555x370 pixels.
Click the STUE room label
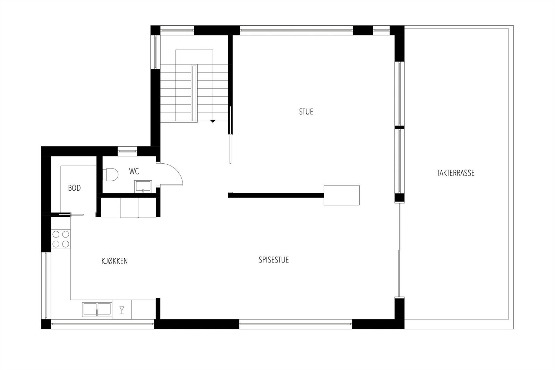tap(306, 112)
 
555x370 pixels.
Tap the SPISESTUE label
tap(274, 260)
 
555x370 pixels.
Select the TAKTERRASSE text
tap(455, 173)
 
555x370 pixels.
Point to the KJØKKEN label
tap(114, 261)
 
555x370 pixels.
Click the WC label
tap(134, 171)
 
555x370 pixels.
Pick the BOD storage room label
tap(74, 188)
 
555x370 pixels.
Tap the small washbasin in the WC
tap(143, 186)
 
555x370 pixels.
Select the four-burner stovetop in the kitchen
tap(61, 239)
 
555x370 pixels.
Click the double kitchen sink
tap(97, 309)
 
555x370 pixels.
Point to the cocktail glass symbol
tap(122, 310)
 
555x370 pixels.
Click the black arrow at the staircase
tap(213, 121)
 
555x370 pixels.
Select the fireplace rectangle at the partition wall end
tap(341, 195)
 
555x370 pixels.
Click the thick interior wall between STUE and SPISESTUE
tap(276, 195)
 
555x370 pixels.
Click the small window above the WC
tap(127, 150)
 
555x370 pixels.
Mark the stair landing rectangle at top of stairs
tap(194, 57)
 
